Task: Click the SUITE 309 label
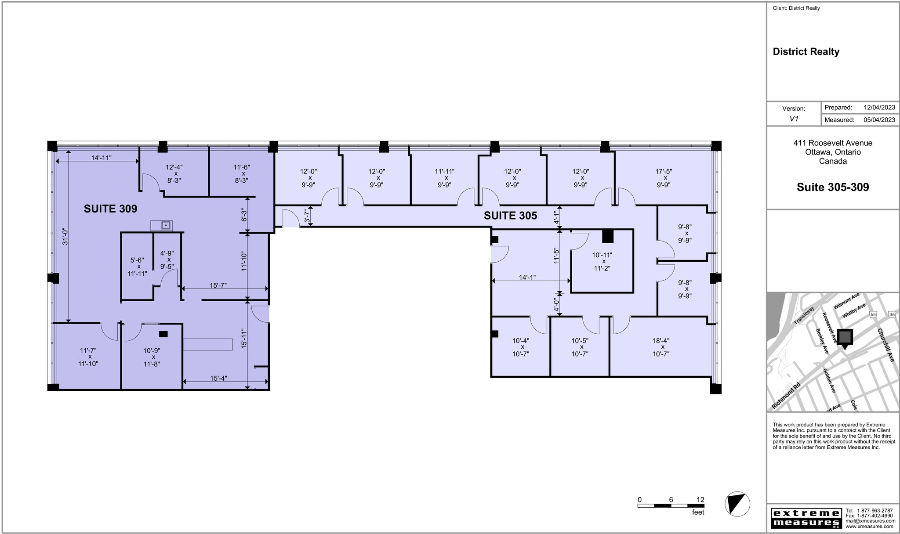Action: coord(110,209)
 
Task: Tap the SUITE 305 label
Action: coord(510,216)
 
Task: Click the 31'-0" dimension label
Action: coord(65,236)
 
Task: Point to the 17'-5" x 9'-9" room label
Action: coord(664,178)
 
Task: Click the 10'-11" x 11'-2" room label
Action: coord(602,261)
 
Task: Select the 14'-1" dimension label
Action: coord(527,278)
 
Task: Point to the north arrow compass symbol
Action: coord(737,504)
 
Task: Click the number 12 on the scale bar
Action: coord(700,500)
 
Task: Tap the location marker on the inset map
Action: coord(844,338)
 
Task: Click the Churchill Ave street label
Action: coord(885,345)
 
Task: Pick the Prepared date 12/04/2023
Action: coord(879,108)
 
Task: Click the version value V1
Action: coord(794,119)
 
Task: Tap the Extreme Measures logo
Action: coord(805,518)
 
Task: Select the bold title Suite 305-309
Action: coord(832,188)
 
